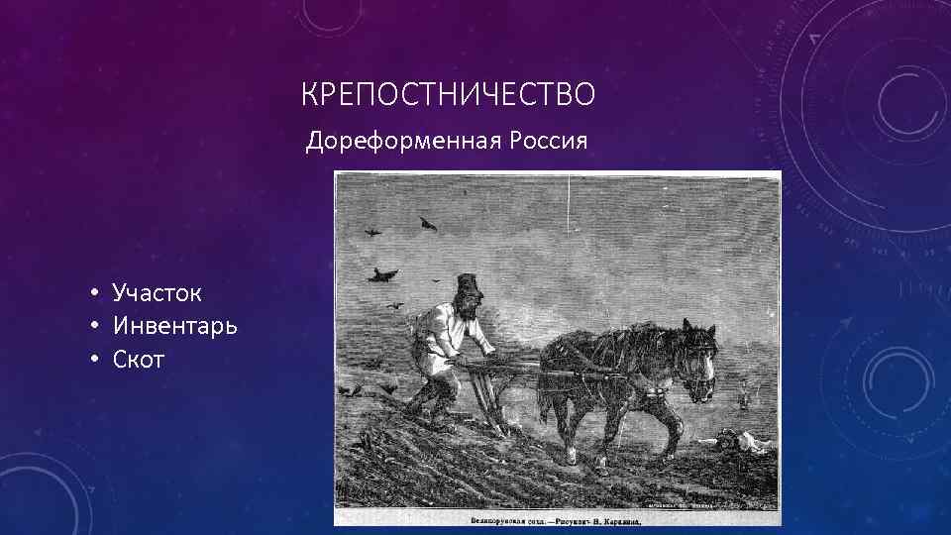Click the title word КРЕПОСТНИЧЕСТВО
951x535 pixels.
point(449,95)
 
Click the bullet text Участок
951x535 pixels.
point(158,292)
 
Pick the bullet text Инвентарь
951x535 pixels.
point(174,325)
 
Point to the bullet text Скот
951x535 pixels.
point(139,359)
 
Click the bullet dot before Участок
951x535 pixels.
point(90,293)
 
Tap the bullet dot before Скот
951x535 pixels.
point(90,360)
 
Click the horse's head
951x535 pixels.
point(697,367)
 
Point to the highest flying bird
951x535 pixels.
point(429,225)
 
